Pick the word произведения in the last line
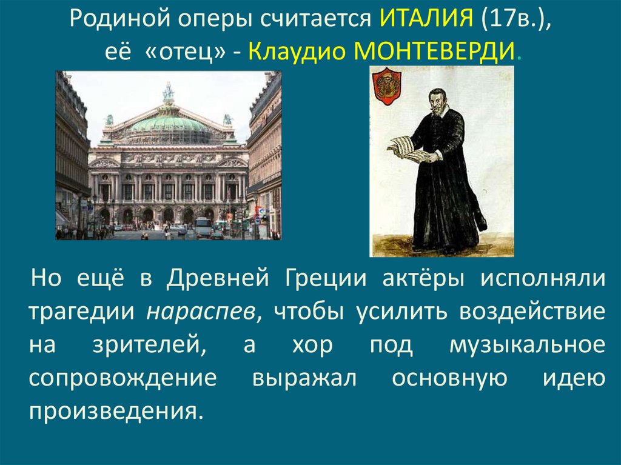click(x=113, y=410)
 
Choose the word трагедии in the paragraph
click(x=81, y=312)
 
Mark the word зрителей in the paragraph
click(x=146, y=345)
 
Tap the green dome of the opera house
click(x=168, y=124)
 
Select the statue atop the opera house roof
click(x=168, y=93)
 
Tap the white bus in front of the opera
click(x=203, y=227)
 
